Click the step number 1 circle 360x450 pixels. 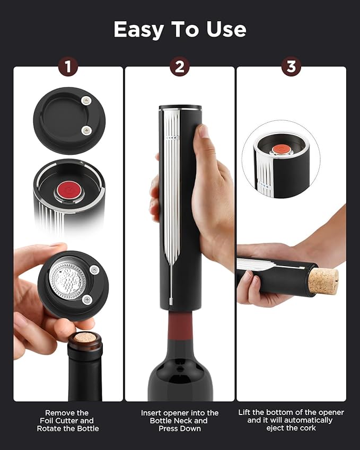pyautogui.click(x=68, y=66)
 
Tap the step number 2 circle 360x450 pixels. pyautogui.click(x=180, y=66)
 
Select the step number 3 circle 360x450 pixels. pyautogui.click(x=291, y=66)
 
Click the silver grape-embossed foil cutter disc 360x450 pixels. pyautogui.click(x=67, y=280)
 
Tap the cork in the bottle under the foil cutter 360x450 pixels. pyautogui.click(x=84, y=337)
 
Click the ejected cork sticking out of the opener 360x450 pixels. pyautogui.click(x=323, y=280)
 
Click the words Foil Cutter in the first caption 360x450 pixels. pyautogui.click(x=68, y=420)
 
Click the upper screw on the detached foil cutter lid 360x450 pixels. pyautogui.click(x=86, y=100)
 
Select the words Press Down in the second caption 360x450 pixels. pyautogui.click(x=179, y=428)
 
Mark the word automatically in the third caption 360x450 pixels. pyautogui.click(x=306, y=420)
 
